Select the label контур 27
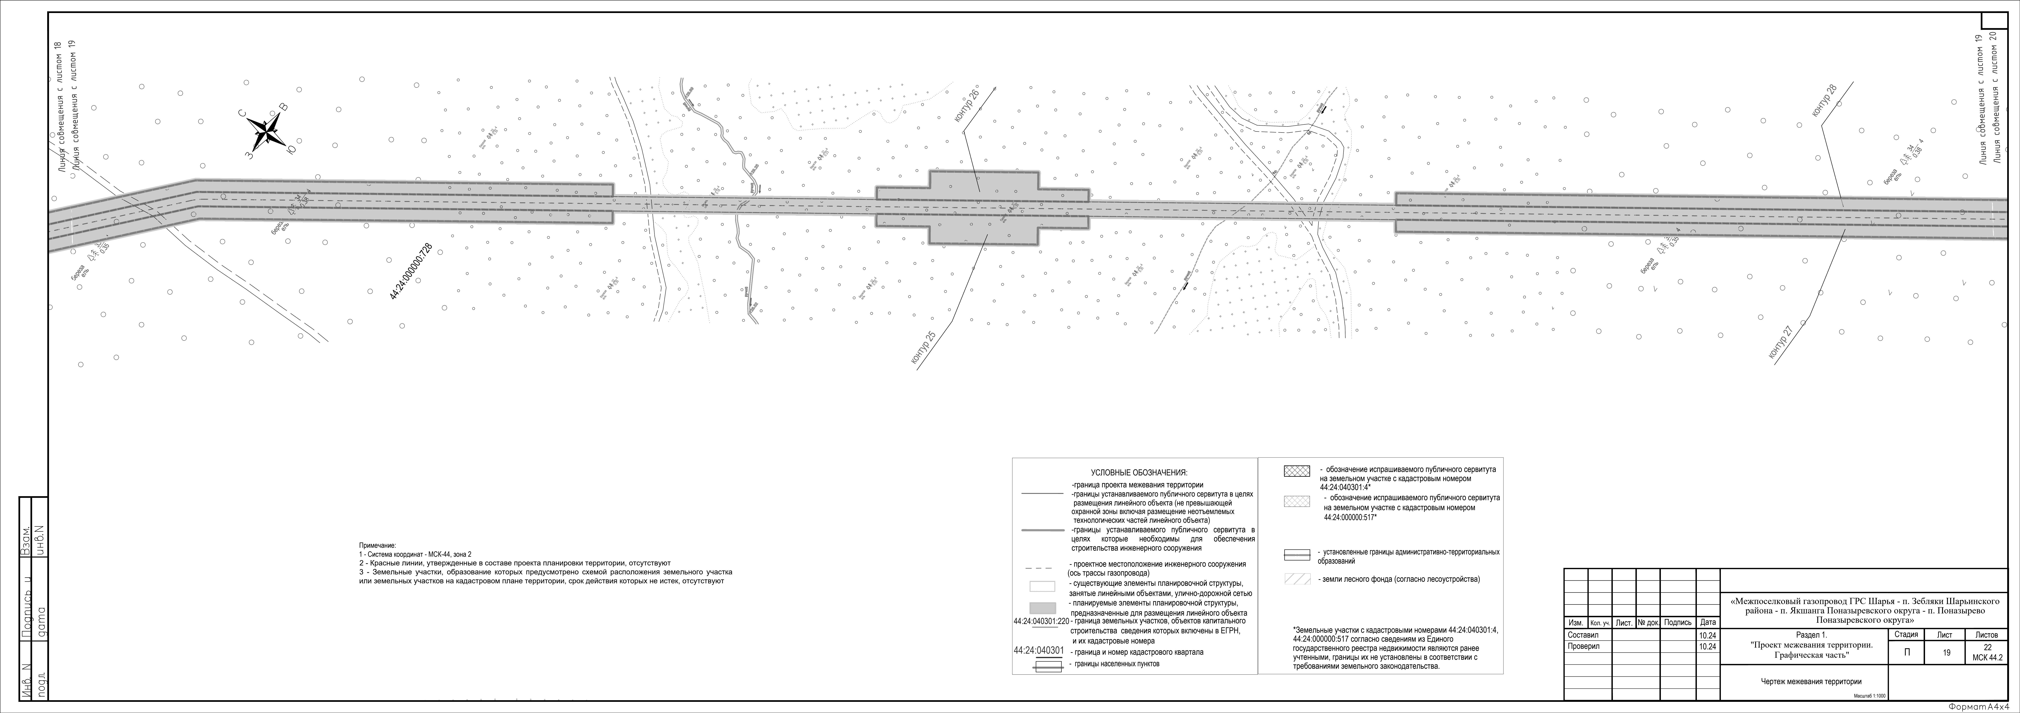(x=1782, y=343)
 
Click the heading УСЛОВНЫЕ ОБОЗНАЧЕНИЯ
(x=1139, y=473)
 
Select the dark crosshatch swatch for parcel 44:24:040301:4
(x=1296, y=471)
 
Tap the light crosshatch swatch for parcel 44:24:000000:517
(x=1296, y=501)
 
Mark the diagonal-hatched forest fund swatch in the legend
(x=1296, y=579)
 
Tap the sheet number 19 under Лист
(x=1946, y=653)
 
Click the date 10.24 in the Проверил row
(x=1707, y=646)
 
